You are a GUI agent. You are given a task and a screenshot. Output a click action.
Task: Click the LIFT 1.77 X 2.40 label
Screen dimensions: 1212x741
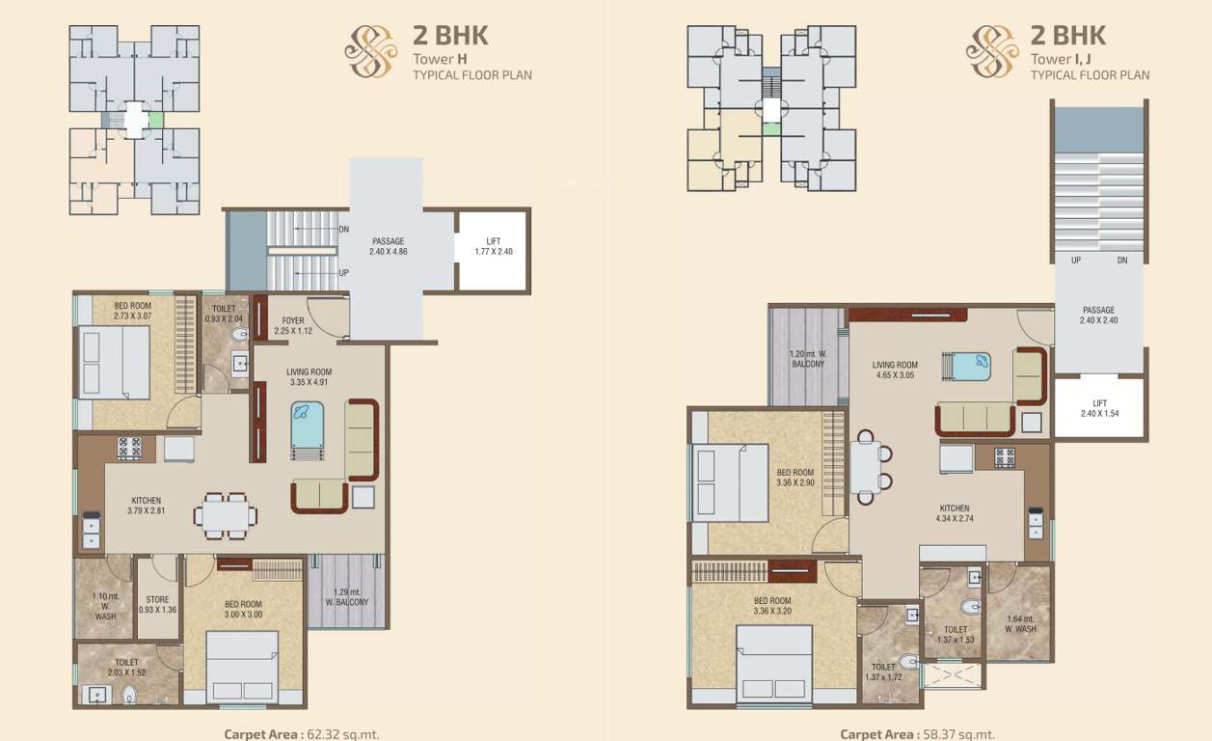pos(494,246)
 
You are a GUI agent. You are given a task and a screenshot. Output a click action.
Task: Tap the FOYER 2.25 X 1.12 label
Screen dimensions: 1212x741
pos(293,325)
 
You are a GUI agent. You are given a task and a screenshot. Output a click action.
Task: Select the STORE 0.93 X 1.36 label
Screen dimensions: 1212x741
pos(157,605)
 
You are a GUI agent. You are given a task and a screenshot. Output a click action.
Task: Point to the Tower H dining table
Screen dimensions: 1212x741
pos(226,515)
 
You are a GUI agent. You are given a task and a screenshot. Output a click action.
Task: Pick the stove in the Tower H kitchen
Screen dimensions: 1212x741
pos(129,449)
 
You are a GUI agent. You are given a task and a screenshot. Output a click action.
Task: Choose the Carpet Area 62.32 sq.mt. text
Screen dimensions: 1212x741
pos(302,734)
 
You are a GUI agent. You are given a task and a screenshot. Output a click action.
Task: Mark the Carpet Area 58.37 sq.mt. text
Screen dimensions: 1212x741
pos(918,734)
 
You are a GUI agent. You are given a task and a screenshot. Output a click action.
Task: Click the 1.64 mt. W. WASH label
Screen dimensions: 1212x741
pos(1020,623)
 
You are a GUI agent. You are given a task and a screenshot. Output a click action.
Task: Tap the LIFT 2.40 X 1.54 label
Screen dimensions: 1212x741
pos(1099,408)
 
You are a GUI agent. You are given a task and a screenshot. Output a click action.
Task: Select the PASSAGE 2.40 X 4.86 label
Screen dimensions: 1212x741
pos(389,246)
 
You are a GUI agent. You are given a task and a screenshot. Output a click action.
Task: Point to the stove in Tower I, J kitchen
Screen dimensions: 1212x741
pos(1005,457)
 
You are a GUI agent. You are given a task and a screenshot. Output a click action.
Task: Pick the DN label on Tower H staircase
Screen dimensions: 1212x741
pos(343,229)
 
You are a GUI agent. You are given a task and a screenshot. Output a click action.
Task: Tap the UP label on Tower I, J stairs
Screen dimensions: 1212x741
pos(1076,260)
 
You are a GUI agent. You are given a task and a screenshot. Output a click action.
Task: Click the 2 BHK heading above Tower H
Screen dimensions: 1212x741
pos(450,35)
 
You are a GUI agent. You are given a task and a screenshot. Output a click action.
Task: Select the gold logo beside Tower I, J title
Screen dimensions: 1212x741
pos(992,51)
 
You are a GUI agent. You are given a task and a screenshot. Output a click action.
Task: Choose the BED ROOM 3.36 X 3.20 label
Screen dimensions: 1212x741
pos(772,606)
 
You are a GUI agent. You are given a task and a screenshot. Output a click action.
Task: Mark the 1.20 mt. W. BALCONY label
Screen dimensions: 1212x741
pos(808,359)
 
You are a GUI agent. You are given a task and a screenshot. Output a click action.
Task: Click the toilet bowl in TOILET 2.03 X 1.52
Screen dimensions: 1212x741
pos(129,695)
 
